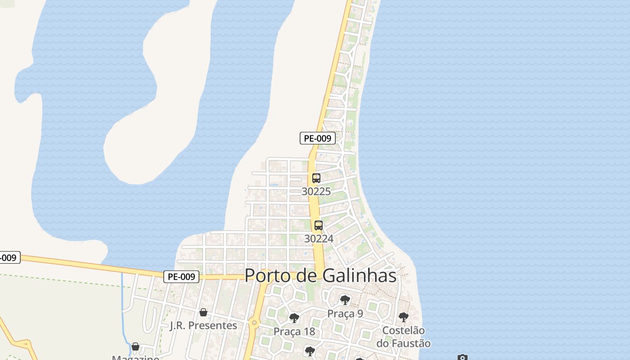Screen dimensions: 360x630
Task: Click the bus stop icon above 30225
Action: tap(316, 178)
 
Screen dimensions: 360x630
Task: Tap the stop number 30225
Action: tap(316, 191)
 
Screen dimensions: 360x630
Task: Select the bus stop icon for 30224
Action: tap(319, 225)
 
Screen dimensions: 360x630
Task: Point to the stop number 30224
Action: tap(319, 238)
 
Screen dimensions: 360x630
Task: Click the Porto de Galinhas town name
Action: tap(321, 275)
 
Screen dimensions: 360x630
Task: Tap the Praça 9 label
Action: tap(345, 314)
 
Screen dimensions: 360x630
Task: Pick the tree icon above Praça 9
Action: tap(345, 300)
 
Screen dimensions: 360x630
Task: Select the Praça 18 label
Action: tap(294, 332)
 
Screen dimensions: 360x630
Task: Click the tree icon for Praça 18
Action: tap(294, 318)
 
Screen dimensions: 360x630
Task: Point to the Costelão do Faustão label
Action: tap(403, 337)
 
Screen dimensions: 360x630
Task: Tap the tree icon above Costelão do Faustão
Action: tap(404, 317)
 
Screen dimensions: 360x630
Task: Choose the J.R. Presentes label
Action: tap(203, 325)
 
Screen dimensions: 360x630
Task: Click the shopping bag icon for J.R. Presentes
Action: tap(203, 312)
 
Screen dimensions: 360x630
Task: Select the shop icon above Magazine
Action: tap(135, 346)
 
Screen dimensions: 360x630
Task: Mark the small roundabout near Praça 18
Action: tap(255, 322)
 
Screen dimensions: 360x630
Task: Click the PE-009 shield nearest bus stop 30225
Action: tap(318, 138)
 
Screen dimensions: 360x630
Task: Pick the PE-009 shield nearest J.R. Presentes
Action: tap(181, 277)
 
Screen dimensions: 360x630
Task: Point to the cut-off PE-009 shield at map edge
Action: tap(9, 258)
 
